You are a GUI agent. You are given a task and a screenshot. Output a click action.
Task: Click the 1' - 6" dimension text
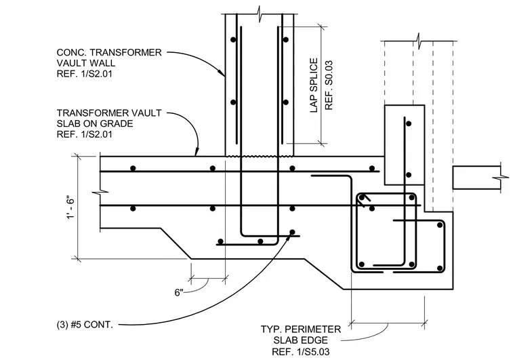tap(70, 208)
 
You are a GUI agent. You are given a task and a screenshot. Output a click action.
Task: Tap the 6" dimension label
tap(179, 292)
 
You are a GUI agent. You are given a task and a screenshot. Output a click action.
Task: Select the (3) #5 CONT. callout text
tap(85, 325)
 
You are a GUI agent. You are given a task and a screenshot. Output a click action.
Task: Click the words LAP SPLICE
tap(314, 85)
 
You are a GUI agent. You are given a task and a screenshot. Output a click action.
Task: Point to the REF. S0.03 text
tap(329, 85)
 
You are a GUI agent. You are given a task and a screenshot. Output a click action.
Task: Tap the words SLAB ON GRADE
tap(95, 123)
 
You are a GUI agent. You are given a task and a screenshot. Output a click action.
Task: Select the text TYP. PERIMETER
tap(301, 329)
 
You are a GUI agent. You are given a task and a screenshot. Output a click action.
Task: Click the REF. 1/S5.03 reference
tap(300, 352)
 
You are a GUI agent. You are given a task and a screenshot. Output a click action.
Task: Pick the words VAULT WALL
tap(86, 63)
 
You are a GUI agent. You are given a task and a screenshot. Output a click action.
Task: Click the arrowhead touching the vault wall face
tap(222, 73)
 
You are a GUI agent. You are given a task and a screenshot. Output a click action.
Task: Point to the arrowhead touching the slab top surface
tap(197, 152)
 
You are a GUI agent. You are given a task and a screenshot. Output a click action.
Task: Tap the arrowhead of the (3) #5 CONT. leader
tap(289, 235)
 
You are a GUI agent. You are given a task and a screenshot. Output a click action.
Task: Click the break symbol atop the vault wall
tap(260, 14)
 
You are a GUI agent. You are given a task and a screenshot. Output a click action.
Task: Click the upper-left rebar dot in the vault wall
tap(233, 40)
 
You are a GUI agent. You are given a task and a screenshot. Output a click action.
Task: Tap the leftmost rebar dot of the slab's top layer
tap(133, 168)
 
